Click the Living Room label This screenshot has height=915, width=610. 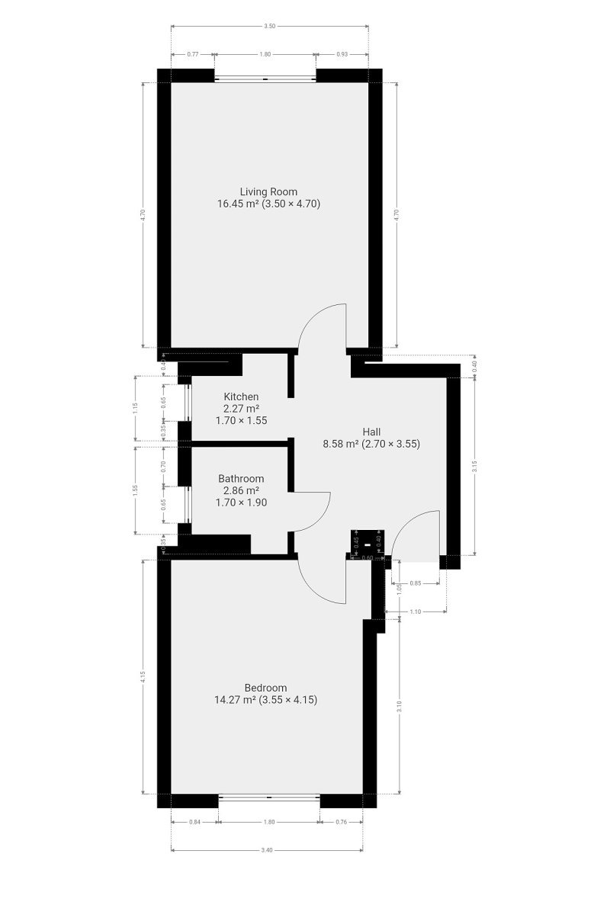pos(268,191)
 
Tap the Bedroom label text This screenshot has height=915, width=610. pos(265,688)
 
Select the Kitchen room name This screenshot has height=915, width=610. pos(241,396)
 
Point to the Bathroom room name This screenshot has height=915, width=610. pos(241,478)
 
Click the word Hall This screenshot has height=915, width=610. pos(371,432)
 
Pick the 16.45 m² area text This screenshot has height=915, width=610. pos(236,204)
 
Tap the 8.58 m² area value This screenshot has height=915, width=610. pos(341,444)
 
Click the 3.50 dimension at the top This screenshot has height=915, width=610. pos(270,26)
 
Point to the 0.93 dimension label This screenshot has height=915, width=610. pos(342,54)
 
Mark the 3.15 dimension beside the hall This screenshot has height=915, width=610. pos(474,467)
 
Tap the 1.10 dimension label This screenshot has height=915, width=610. pos(415,612)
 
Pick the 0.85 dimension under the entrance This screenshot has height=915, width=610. pos(415,583)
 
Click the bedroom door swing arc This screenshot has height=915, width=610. pos(313,590)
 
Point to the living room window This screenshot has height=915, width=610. pos(265,79)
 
